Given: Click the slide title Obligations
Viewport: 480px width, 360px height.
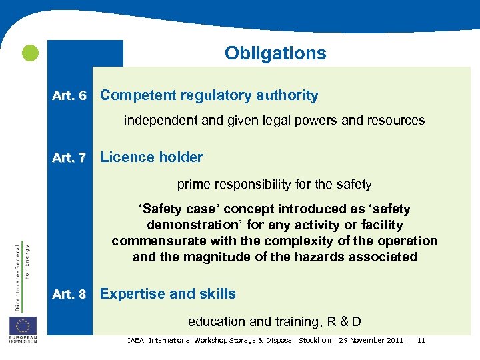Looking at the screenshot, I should coord(275,53).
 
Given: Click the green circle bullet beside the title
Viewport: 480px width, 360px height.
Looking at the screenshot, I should coord(30,53).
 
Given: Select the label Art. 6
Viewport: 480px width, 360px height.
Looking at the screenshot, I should coord(69,96).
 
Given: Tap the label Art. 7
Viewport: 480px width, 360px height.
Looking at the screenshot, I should coord(69,158).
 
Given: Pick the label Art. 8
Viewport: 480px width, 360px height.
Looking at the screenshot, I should coord(69,295).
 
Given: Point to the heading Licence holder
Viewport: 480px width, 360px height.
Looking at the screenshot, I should coord(151,157).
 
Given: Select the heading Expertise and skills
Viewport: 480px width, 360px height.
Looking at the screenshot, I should coord(167,294).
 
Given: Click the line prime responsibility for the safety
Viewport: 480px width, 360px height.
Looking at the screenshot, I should coord(274,184).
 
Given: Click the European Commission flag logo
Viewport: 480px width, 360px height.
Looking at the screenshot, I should coord(23,327).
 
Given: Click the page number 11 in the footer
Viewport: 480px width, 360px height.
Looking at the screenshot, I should coord(421,341).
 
